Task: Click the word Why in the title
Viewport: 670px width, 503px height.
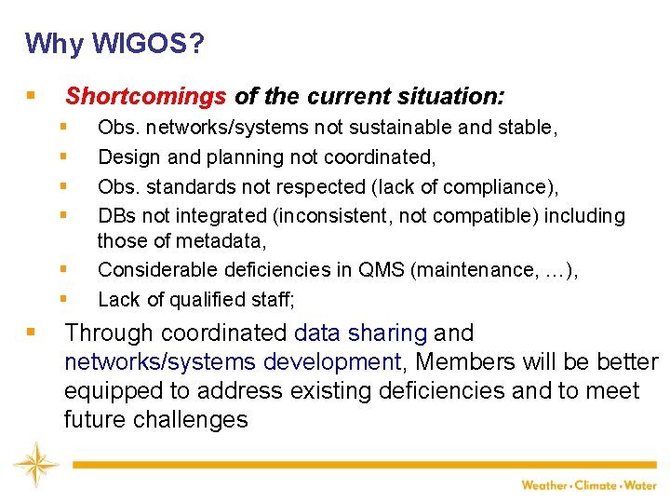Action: (x=45, y=44)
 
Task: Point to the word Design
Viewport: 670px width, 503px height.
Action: (x=127, y=157)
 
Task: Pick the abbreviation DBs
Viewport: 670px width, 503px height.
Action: (x=115, y=216)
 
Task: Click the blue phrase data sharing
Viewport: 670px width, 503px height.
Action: (x=361, y=333)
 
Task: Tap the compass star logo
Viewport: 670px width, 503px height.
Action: (x=34, y=464)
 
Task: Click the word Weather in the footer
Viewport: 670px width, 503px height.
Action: (x=544, y=485)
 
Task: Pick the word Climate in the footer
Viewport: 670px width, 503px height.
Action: (x=598, y=485)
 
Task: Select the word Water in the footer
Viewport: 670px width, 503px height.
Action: (x=641, y=485)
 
